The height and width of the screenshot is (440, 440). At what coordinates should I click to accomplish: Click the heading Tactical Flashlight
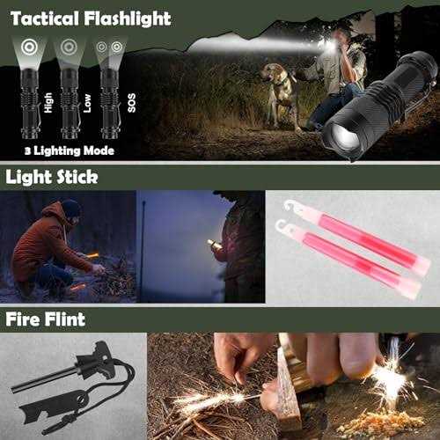click(x=92, y=16)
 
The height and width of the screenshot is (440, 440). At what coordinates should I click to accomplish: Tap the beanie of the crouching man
click(x=71, y=208)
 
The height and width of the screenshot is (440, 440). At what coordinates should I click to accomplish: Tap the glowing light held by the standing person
click(x=211, y=242)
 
